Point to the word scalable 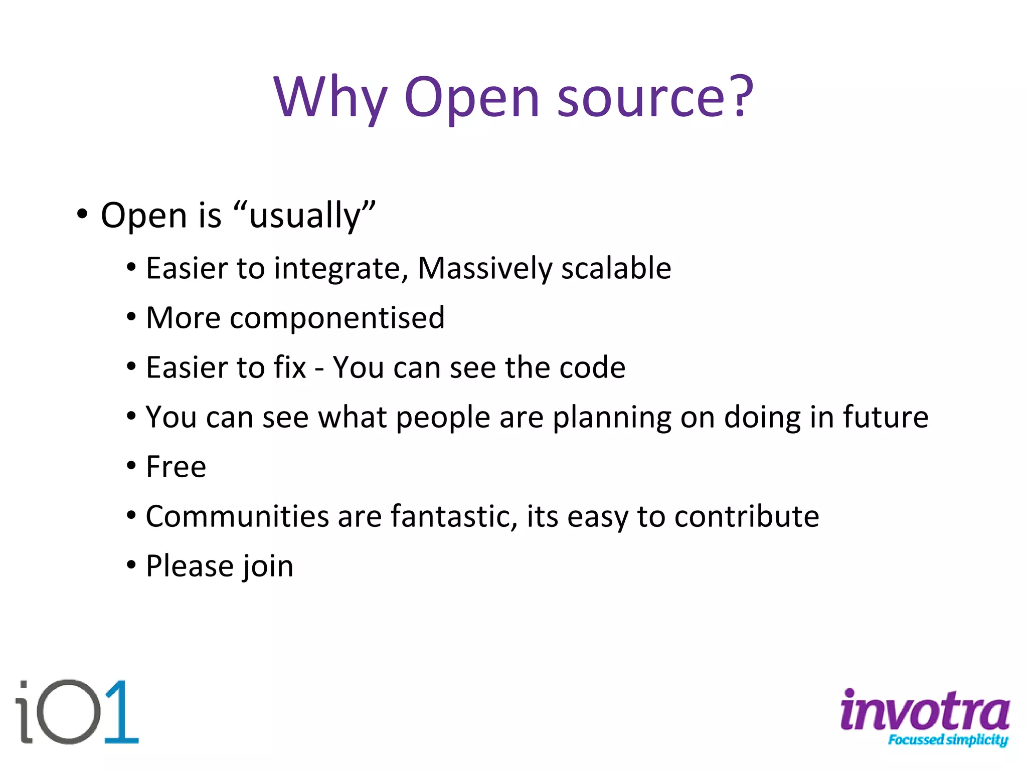tap(616, 268)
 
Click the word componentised tap(337, 318)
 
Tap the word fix tap(289, 367)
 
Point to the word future tap(885, 417)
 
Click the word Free tap(176, 467)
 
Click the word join tap(268, 567)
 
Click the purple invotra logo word tap(924, 709)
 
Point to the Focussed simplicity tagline tap(947, 740)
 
